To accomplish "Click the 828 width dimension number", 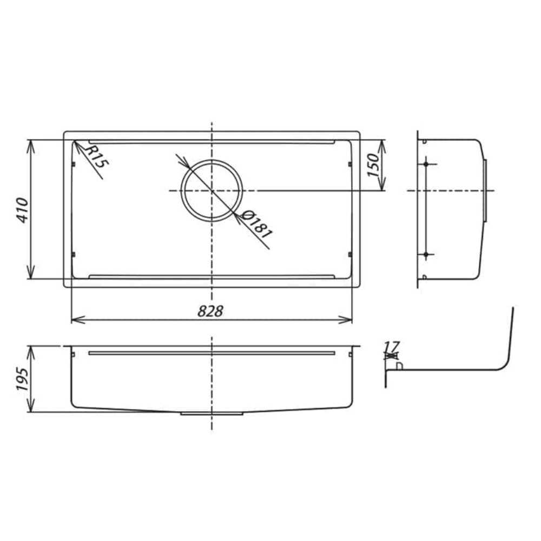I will (x=210, y=311).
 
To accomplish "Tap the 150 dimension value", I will (x=373, y=165).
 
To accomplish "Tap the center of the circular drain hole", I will (x=212, y=190).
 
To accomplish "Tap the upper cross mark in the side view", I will (x=426, y=163).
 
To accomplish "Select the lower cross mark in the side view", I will (x=426, y=254).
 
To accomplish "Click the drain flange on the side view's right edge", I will (x=485, y=190).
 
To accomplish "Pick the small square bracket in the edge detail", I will (x=399, y=366).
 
